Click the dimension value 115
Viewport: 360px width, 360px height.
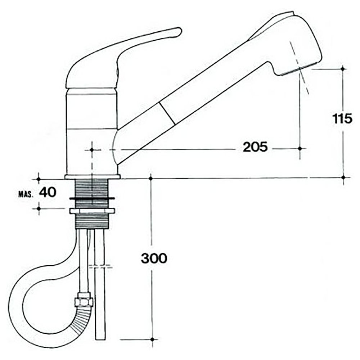pyautogui.click(x=342, y=119)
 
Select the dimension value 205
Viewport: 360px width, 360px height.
pyautogui.click(x=255, y=147)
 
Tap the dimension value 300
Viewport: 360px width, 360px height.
pyautogui.click(x=154, y=258)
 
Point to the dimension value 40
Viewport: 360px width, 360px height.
pyautogui.click(x=48, y=192)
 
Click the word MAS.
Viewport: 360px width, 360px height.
pyautogui.click(x=26, y=194)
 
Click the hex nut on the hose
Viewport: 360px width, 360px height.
pyautogui.click(x=84, y=300)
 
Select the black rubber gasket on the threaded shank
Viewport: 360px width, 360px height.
pyautogui.click(x=92, y=198)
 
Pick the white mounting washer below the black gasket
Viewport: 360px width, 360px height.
pyautogui.click(x=92, y=211)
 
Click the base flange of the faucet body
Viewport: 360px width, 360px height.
pyautogui.click(x=93, y=177)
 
